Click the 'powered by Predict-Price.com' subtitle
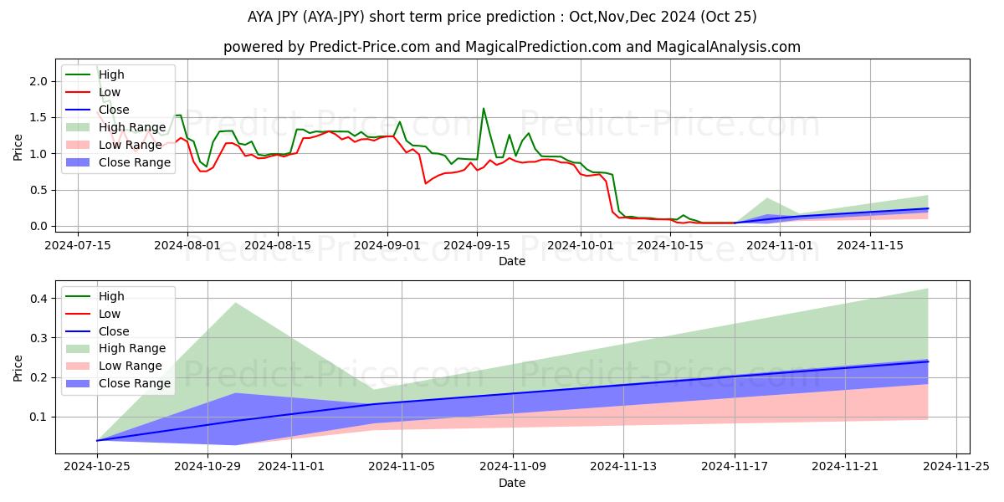(511, 47)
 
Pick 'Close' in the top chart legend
(114, 110)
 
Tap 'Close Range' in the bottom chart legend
(135, 383)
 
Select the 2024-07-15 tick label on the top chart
(78, 245)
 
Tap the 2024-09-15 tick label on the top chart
(477, 245)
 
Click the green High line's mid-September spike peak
(484, 109)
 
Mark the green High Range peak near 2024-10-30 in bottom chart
(235, 303)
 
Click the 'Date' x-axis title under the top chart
(511, 261)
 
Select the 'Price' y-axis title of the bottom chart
(18, 367)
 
